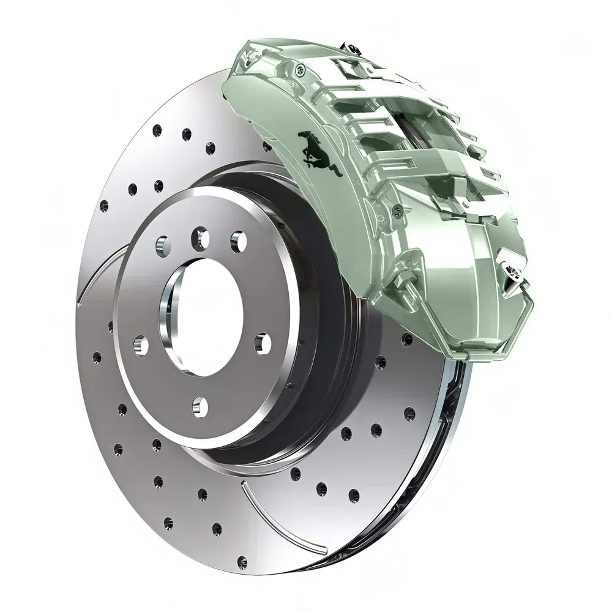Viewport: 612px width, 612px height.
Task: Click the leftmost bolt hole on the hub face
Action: [140, 346]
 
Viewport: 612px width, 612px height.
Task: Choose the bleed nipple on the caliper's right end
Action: [512, 269]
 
